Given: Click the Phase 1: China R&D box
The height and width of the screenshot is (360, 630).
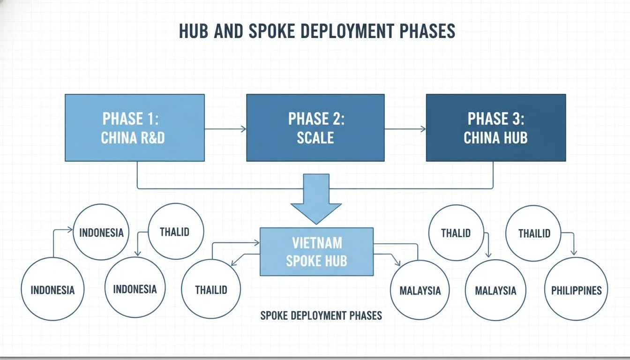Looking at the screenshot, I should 135,127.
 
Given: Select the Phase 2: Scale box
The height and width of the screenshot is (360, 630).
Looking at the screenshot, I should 315,127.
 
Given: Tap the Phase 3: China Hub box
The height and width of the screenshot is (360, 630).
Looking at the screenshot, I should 495,127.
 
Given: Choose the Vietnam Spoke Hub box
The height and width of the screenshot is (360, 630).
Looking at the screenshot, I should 316,252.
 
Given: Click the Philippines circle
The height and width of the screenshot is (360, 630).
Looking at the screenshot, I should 576,289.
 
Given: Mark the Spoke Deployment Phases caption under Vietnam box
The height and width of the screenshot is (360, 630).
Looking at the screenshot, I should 321,315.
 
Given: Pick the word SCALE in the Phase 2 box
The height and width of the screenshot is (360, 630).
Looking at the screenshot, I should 315,138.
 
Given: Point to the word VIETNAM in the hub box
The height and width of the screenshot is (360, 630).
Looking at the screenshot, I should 317,243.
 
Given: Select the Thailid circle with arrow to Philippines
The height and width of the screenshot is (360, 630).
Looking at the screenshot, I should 533,233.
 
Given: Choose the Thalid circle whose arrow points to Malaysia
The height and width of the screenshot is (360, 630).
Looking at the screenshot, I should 456,232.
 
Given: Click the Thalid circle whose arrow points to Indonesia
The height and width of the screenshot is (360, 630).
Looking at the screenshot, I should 175,231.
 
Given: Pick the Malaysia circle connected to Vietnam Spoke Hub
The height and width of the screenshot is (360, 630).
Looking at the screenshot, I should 420,290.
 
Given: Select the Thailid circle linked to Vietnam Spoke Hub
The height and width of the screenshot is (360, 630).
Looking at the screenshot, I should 211,289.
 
